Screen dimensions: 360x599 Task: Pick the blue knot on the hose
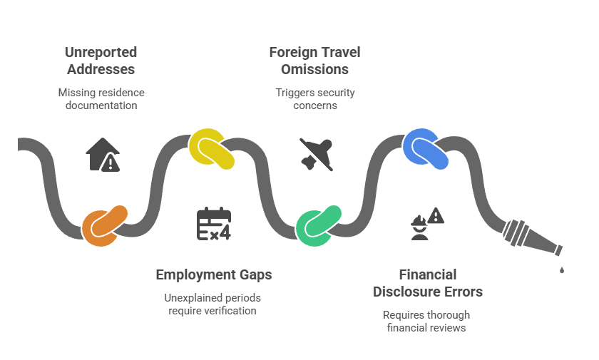(x=426, y=148)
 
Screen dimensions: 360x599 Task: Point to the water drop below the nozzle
(x=562, y=269)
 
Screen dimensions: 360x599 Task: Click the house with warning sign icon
(x=103, y=154)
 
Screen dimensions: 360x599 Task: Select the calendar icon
(x=213, y=223)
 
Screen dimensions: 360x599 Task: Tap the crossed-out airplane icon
(x=316, y=153)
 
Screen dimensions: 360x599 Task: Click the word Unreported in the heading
(x=101, y=53)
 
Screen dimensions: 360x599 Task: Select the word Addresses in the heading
(x=101, y=70)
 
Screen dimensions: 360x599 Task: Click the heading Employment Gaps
(x=214, y=274)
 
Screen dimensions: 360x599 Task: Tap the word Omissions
(x=314, y=70)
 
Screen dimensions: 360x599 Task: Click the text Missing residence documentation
(x=101, y=99)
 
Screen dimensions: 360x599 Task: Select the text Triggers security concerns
(x=314, y=99)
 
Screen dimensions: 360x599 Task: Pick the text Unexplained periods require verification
(x=213, y=304)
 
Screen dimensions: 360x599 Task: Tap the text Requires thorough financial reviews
(x=426, y=321)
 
